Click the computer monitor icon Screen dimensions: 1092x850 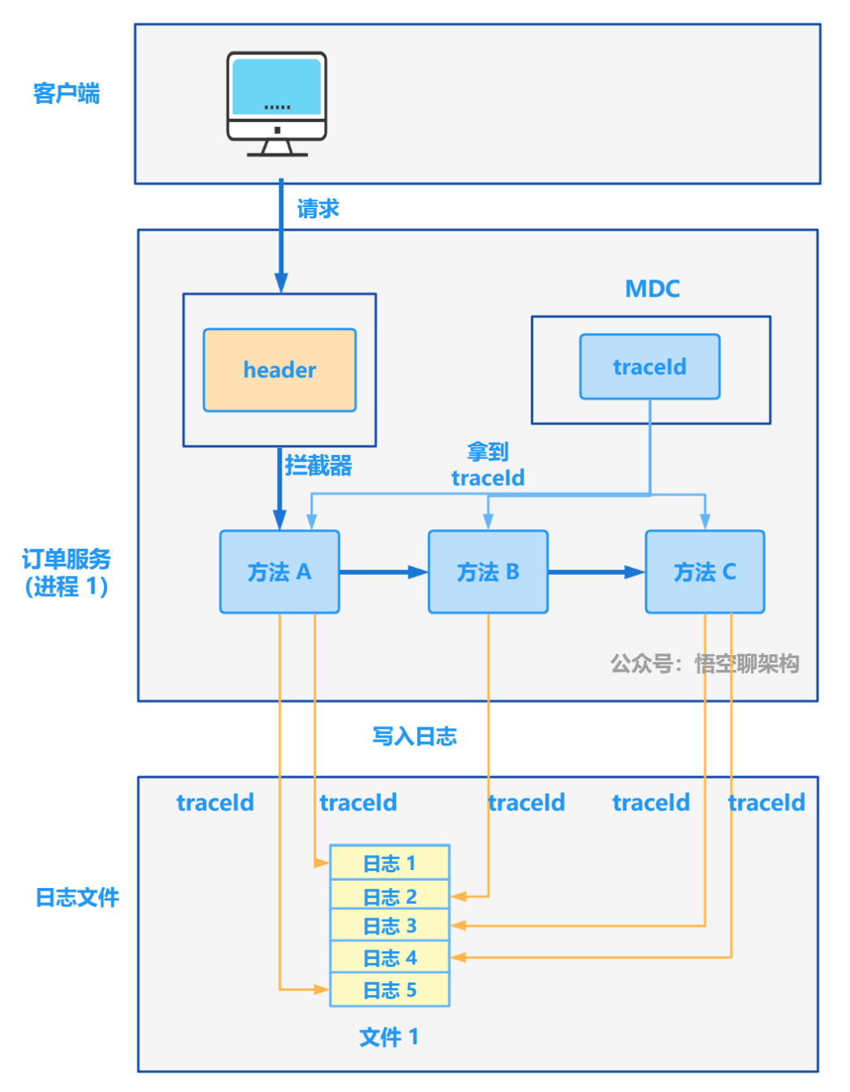[276, 103]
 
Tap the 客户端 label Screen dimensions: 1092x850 [66, 94]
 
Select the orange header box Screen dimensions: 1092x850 [279, 370]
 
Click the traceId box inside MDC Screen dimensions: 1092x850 [649, 367]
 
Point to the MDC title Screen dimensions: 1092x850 [652, 289]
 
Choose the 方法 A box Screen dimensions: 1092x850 [279, 572]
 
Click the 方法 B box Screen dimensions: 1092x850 [488, 572]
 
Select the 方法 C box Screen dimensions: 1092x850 [704, 572]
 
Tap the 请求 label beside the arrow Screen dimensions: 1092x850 [318, 209]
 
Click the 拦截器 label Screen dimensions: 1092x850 [318, 465]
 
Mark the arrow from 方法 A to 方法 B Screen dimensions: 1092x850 [383, 572]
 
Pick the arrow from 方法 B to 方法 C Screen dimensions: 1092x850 [596, 572]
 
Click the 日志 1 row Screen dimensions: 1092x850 [390, 863]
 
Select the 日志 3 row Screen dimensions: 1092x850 [390, 926]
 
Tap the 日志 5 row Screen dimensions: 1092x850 [390, 990]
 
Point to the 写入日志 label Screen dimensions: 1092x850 [414, 736]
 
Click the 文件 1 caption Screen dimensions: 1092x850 [389, 1037]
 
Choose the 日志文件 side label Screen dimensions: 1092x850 [77, 897]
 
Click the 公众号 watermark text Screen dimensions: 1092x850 [704, 664]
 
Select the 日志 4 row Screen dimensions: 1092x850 [390, 957]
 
